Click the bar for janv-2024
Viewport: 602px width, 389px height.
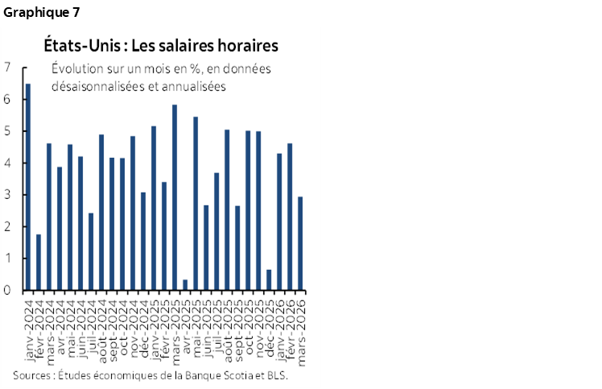click(x=28, y=187)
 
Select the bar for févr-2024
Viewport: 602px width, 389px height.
click(x=39, y=263)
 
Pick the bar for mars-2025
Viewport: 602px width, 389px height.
click(x=175, y=197)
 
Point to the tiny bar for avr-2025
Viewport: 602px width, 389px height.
click(x=185, y=285)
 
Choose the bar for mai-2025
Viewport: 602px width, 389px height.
click(x=196, y=204)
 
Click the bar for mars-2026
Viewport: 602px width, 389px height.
click(x=300, y=243)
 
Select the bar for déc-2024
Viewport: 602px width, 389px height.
click(x=143, y=241)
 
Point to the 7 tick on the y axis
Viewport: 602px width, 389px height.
click(x=7, y=68)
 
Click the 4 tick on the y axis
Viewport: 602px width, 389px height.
click(x=7, y=163)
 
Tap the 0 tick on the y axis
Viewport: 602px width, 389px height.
click(x=7, y=291)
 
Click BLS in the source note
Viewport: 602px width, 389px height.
click(x=274, y=375)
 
